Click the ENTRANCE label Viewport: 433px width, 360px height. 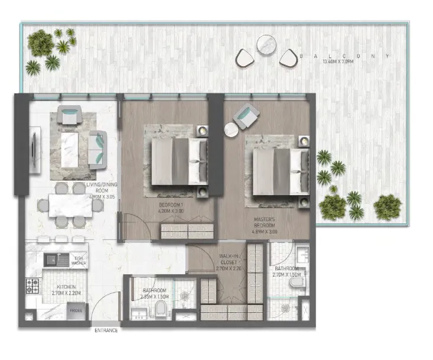[x=106, y=330]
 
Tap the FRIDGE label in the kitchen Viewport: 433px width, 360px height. [x=76, y=310]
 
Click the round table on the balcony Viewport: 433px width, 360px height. [x=267, y=44]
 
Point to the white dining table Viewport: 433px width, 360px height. [x=62, y=205]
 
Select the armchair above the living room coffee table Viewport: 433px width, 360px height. [x=70, y=113]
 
